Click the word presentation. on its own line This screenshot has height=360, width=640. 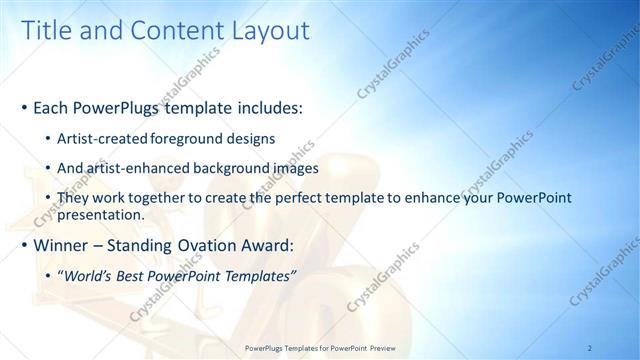103,214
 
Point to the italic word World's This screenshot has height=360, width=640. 90,276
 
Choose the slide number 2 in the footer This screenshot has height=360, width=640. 590,347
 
